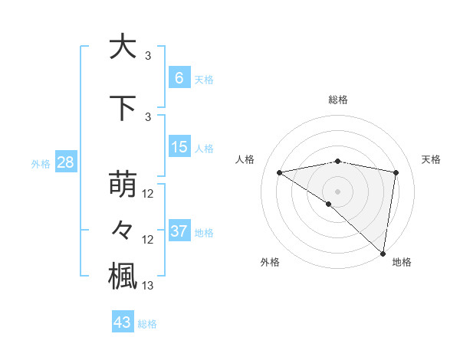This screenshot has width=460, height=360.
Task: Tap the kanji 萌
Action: [123, 185]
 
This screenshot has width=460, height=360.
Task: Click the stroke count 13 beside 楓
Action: [148, 286]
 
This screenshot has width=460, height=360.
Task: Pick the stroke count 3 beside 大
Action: [148, 56]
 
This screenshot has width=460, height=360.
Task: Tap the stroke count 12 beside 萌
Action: [148, 195]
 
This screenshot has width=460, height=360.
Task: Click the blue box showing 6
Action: [179, 77]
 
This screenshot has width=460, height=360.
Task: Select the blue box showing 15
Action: [179, 147]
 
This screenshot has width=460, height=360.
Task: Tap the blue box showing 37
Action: [179, 231]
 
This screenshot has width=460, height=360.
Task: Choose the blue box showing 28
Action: [65, 162]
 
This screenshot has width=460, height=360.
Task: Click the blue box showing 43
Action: [123, 322]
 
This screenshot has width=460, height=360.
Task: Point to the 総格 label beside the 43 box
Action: [148, 324]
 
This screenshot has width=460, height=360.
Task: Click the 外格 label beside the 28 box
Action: [40, 163]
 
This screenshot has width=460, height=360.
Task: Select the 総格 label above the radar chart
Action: [337, 100]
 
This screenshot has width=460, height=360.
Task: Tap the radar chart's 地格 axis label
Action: [402, 262]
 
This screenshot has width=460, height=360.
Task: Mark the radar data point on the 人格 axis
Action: [280, 172]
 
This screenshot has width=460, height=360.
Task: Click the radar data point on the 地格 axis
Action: [383, 253]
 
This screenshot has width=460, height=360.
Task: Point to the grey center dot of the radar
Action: [337, 191]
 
